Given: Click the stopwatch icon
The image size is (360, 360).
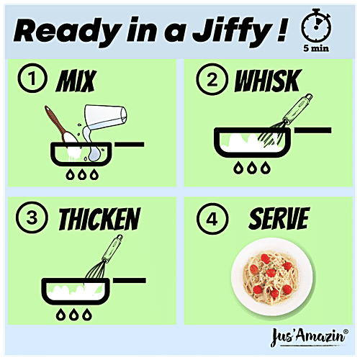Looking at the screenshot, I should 316,26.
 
